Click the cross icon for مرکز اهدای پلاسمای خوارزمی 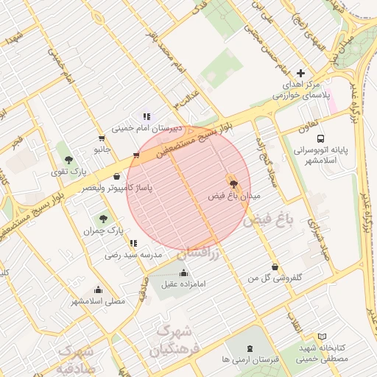pyautogui.click(x=300, y=73)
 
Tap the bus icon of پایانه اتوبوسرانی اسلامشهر pyautogui.click(x=320, y=138)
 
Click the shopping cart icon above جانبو pyautogui.click(x=101, y=138)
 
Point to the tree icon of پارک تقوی pyautogui.click(x=69, y=160)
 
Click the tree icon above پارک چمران pyautogui.click(x=102, y=219)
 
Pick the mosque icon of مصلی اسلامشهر pyautogui.click(x=99, y=289)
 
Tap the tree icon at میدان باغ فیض pyautogui.click(x=234, y=184)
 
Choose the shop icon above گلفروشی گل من pyautogui.click(x=275, y=267)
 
